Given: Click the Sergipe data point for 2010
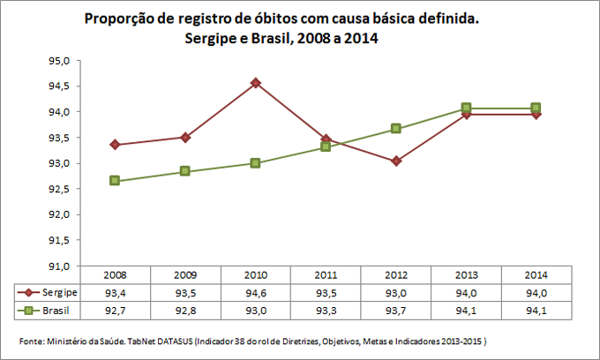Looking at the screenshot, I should point(255,83).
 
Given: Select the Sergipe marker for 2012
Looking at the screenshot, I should point(396,161).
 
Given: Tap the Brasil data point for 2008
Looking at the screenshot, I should point(115,181).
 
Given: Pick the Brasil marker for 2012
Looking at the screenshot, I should point(396,129).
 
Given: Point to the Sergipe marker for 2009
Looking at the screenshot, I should point(185,137).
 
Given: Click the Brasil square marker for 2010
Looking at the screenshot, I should point(255,163).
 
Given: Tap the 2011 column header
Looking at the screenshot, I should point(326,275).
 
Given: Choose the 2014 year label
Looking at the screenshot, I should point(536,275).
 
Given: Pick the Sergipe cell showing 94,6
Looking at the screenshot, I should point(256,292).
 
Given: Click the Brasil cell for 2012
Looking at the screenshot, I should point(396,311).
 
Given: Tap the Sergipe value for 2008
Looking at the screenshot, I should point(116,292).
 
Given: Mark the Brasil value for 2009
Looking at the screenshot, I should point(185,311).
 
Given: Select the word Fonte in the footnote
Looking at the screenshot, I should point(32,341).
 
